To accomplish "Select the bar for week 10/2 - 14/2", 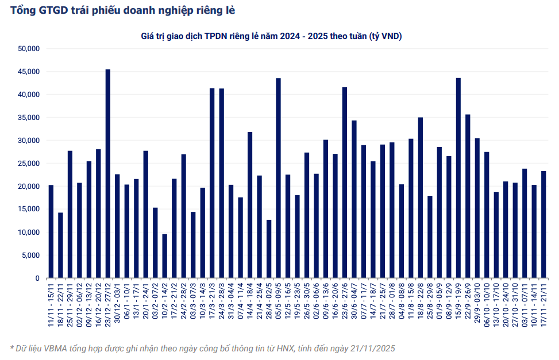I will pos(165,256).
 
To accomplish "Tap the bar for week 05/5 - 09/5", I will pos(279,178).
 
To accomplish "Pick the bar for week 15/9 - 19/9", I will pos(458,178).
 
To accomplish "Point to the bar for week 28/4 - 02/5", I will pos(269,249).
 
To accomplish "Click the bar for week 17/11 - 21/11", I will pos(543,224).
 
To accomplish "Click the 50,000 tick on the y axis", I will pos(28,49).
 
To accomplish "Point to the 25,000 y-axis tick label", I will pos(28,164).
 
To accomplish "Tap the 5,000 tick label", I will pos(29,256).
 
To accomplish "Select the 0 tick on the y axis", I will pos(36,278).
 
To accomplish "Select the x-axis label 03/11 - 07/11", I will pos(525,305).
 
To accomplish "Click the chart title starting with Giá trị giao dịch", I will pos(271,36).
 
